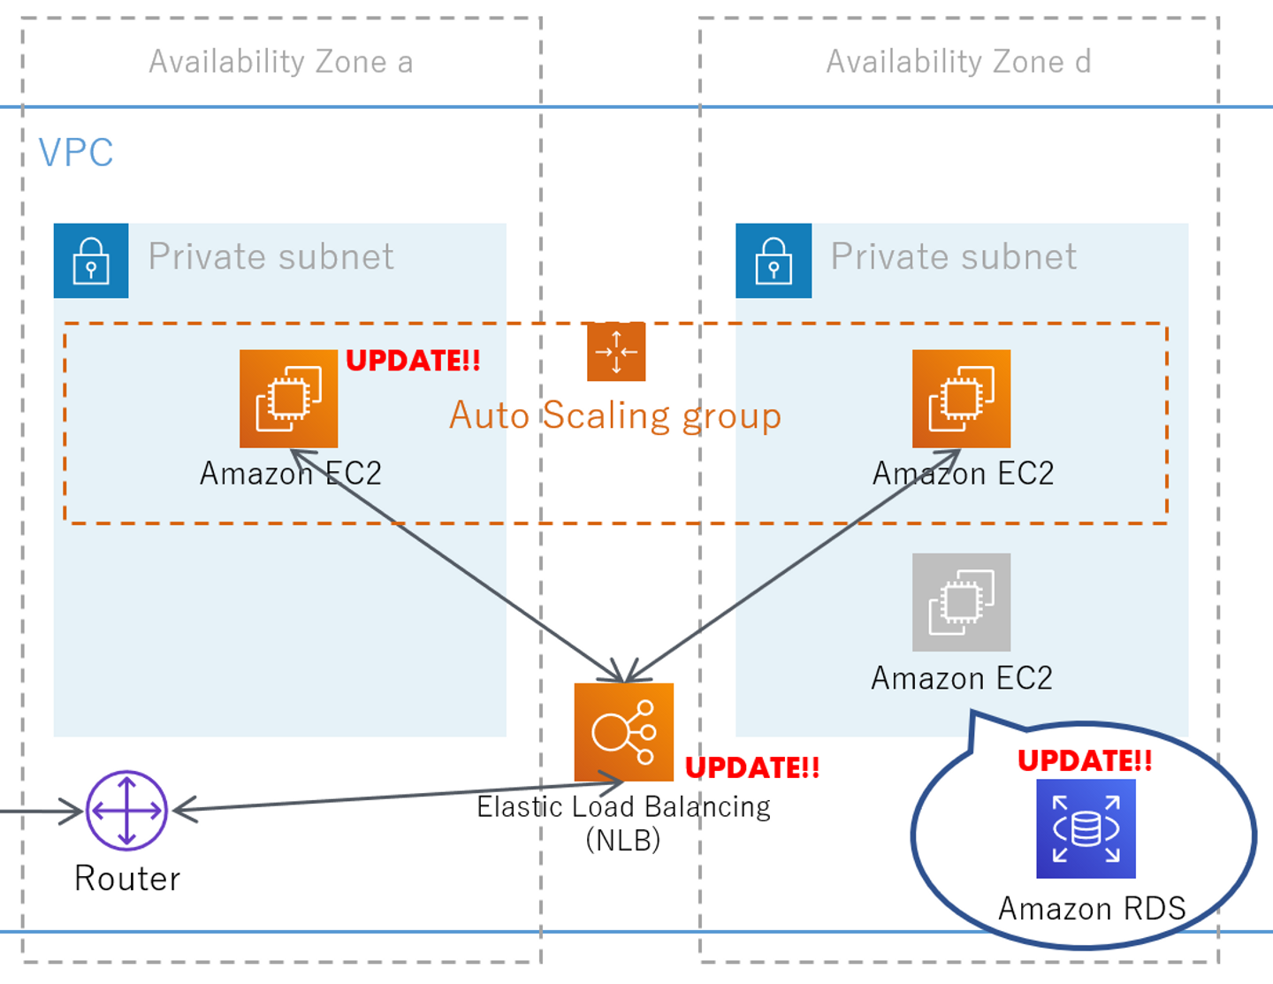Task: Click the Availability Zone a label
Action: pyautogui.click(x=280, y=62)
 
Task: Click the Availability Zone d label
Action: pyautogui.click(x=958, y=62)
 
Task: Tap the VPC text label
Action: pyautogui.click(x=76, y=153)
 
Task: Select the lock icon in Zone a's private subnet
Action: pyautogui.click(x=91, y=261)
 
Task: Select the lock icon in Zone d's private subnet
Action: pyautogui.click(x=774, y=261)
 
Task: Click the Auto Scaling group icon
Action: pyautogui.click(x=616, y=352)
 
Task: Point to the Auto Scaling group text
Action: pyautogui.click(x=615, y=416)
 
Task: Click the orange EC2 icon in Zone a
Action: pyautogui.click(x=288, y=399)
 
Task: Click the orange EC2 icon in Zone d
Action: pyautogui.click(x=961, y=399)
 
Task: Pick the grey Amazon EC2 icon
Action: pyautogui.click(x=961, y=602)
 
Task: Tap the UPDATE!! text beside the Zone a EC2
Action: pyautogui.click(x=413, y=361)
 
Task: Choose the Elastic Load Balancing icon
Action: pyautogui.click(x=623, y=732)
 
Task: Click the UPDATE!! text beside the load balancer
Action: pyautogui.click(x=752, y=767)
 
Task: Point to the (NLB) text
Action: pyautogui.click(x=623, y=839)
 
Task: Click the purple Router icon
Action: pyautogui.click(x=126, y=811)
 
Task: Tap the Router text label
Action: pyautogui.click(x=127, y=879)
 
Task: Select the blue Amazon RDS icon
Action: pyautogui.click(x=1086, y=828)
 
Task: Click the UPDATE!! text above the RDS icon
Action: pyautogui.click(x=1085, y=760)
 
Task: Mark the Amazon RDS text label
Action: pyautogui.click(x=1092, y=909)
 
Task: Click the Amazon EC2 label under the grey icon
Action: pyautogui.click(x=962, y=678)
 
